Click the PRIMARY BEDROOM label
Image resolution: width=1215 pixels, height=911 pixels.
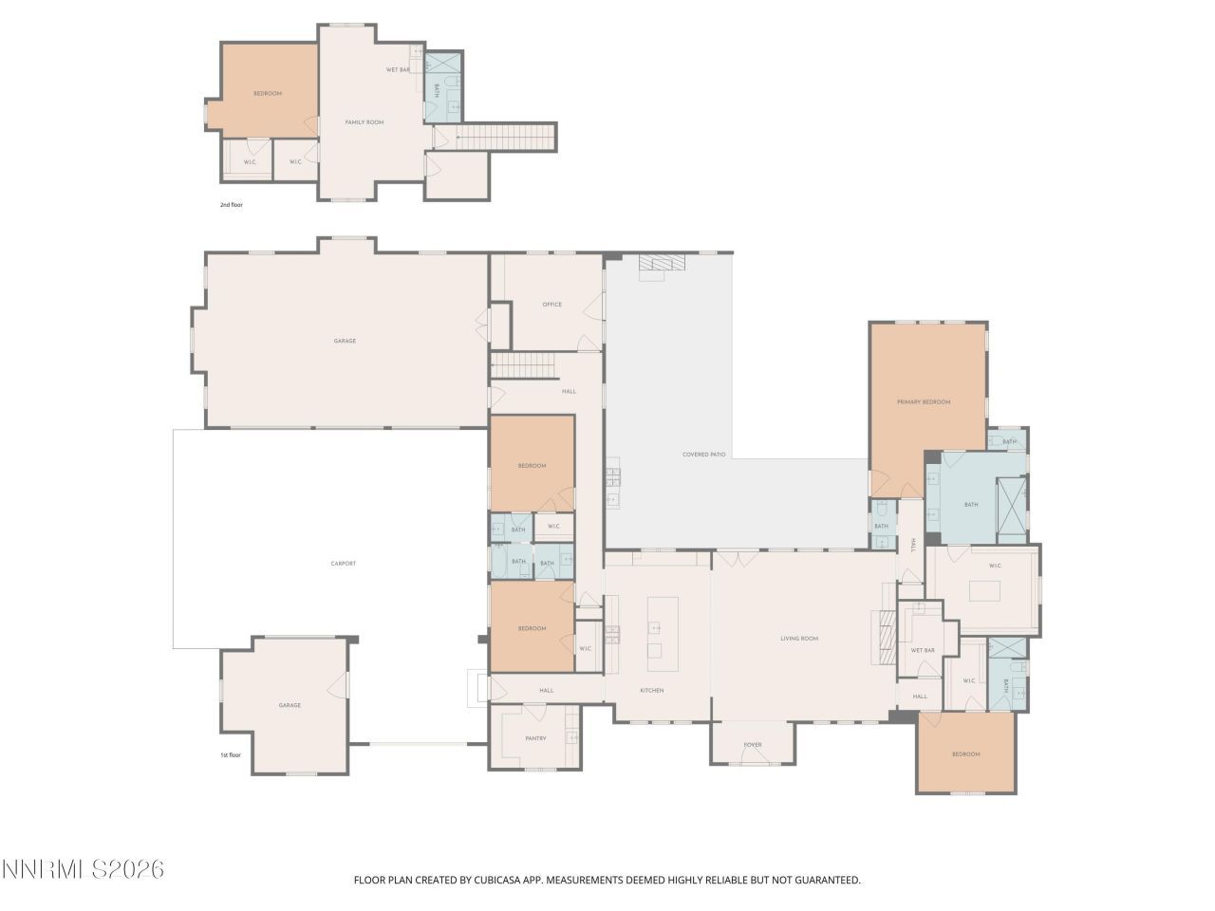924,402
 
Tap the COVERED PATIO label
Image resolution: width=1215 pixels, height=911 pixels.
703,455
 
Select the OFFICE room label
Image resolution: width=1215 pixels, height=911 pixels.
551,305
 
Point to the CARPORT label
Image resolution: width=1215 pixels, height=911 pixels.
343,564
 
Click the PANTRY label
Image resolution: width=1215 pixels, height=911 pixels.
535,738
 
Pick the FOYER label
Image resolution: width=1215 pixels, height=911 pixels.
753,745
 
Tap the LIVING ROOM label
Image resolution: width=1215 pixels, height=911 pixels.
799,639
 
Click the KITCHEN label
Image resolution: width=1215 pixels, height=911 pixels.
651,690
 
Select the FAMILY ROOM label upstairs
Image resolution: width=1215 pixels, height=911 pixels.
364,122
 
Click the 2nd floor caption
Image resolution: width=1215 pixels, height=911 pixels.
232,204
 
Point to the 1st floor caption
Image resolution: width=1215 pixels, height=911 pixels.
231,755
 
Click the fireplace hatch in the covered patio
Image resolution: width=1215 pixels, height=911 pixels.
660,263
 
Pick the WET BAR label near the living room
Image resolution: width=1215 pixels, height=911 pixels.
923,650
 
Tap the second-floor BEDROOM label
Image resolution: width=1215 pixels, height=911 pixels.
267,93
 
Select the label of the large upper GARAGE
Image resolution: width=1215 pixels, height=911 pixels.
345,341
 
